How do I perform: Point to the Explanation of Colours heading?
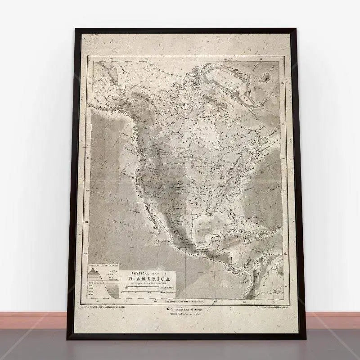(x=103, y=266)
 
